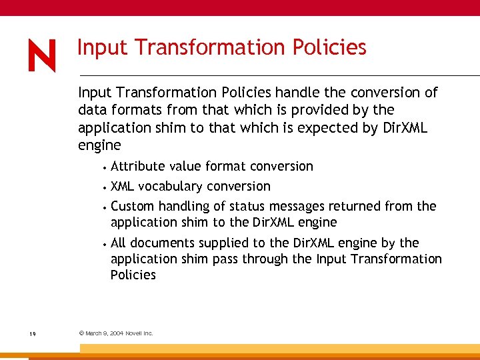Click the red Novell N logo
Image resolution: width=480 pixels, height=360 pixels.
pyautogui.click(x=42, y=55)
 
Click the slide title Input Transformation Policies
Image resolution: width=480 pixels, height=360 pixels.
pyautogui.click(x=221, y=47)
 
